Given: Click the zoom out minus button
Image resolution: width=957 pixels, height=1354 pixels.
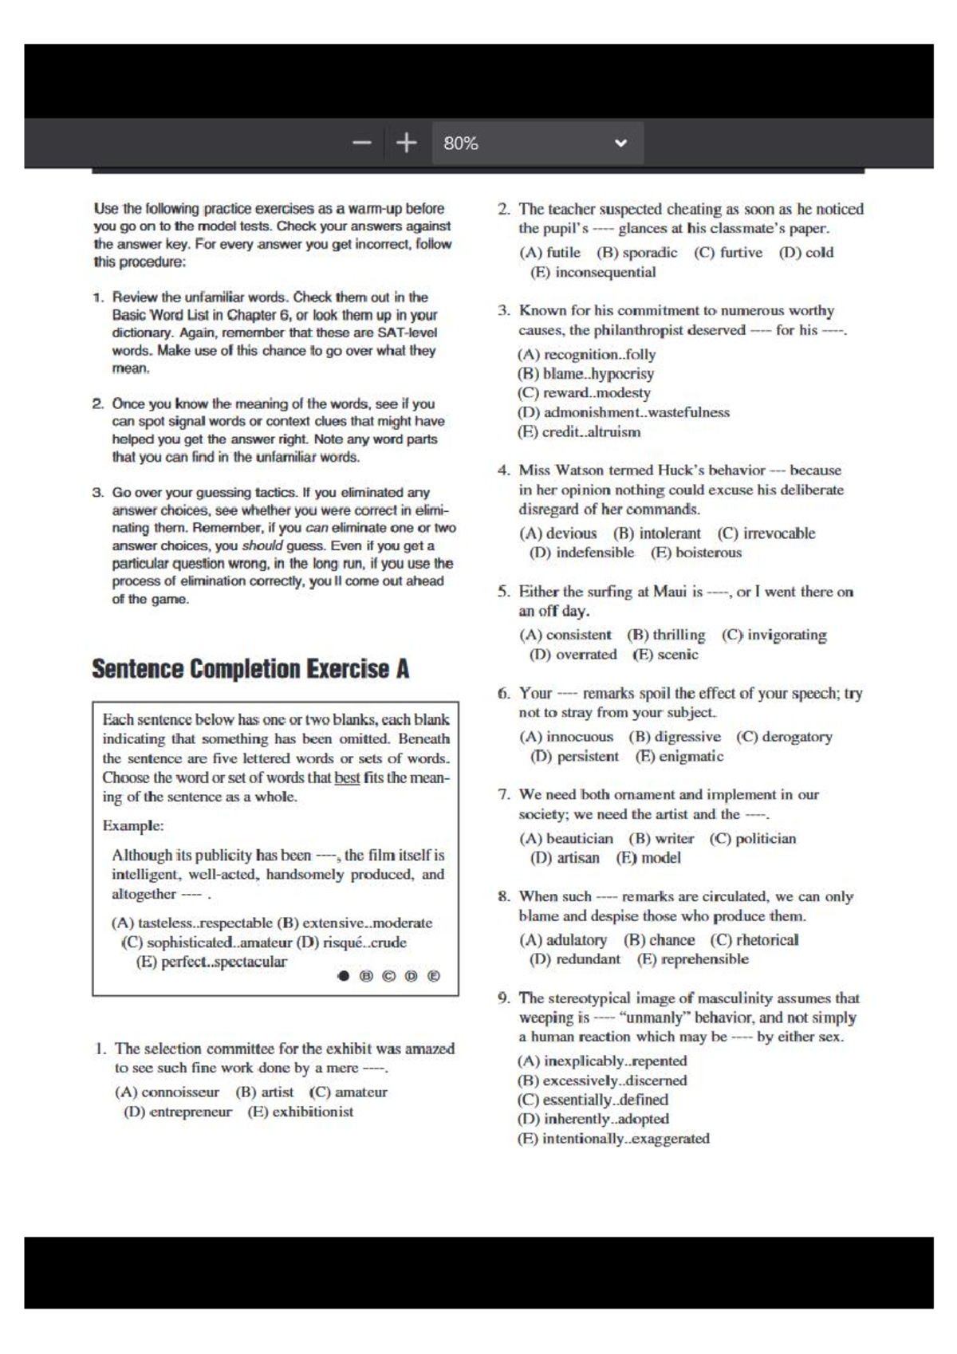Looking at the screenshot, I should pyautogui.click(x=362, y=144).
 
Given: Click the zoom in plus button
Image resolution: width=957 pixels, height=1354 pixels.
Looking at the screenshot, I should pyautogui.click(x=407, y=144).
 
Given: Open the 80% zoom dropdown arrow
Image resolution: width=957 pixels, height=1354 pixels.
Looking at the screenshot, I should pyautogui.click(x=620, y=144).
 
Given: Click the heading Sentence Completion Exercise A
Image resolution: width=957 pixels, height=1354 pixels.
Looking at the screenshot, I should pyautogui.click(x=250, y=669).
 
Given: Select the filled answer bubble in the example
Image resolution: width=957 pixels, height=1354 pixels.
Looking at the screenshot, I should pyautogui.click(x=344, y=975).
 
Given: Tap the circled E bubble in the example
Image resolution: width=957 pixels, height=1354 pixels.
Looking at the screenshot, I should pyautogui.click(x=434, y=975).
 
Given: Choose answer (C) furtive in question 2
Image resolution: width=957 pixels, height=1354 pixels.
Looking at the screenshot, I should pyautogui.click(x=727, y=253).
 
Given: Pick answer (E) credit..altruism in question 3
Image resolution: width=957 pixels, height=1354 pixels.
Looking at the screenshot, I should pyautogui.click(x=579, y=432).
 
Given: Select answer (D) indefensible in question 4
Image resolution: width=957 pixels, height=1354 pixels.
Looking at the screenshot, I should pyautogui.click(x=582, y=553).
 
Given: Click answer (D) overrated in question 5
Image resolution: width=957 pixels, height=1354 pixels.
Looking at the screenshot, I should pyautogui.click(x=573, y=655).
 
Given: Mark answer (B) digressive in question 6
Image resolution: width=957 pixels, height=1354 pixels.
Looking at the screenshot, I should pyautogui.click(x=675, y=737).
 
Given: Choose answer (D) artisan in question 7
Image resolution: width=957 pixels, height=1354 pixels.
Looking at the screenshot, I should pyautogui.click(x=565, y=858).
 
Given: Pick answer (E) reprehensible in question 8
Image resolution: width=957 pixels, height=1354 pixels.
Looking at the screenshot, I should pyautogui.click(x=692, y=959).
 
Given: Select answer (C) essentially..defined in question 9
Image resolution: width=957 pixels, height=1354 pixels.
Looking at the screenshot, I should pyautogui.click(x=593, y=1100).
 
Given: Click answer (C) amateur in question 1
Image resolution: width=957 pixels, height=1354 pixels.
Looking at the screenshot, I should pyautogui.click(x=349, y=1092).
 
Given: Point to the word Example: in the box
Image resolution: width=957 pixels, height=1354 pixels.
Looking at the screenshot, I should pyautogui.click(x=133, y=826).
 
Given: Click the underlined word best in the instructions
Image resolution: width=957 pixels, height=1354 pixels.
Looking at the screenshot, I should pyautogui.click(x=347, y=777).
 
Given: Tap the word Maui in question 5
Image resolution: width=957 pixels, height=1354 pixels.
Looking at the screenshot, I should pyautogui.click(x=670, y=592).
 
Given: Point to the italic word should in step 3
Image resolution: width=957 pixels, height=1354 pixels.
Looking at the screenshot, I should pyautogui.click(x=262, y=546).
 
